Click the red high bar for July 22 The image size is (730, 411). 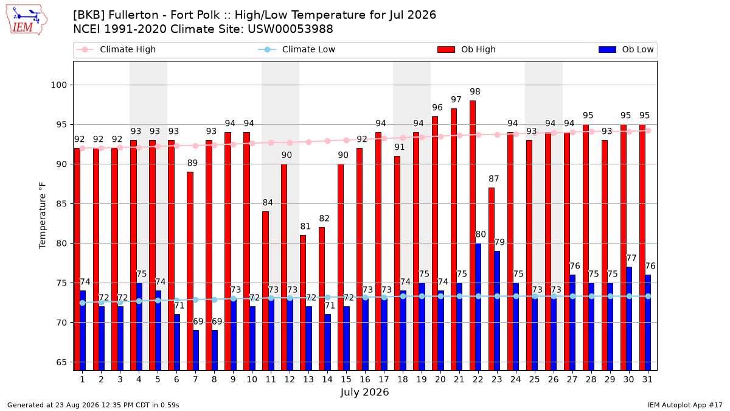473,236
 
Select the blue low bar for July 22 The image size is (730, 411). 478,307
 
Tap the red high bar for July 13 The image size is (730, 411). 303,303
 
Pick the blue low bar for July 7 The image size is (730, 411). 196,350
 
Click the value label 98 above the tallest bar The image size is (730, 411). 475,92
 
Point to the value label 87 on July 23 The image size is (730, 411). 494,179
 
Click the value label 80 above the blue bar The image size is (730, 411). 481,234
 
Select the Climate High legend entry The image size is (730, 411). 116,49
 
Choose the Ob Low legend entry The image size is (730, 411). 626,49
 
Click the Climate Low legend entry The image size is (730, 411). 297,49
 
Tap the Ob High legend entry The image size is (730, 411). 467,49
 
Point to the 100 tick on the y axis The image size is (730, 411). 58,85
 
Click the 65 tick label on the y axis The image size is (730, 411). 61,362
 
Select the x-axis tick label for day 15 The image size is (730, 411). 346,380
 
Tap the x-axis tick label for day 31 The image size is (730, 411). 647,380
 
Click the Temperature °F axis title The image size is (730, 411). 43,216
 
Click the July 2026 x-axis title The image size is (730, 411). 364,392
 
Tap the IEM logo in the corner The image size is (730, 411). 27,19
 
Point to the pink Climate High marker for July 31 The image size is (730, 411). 648,131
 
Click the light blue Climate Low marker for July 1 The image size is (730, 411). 83,303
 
